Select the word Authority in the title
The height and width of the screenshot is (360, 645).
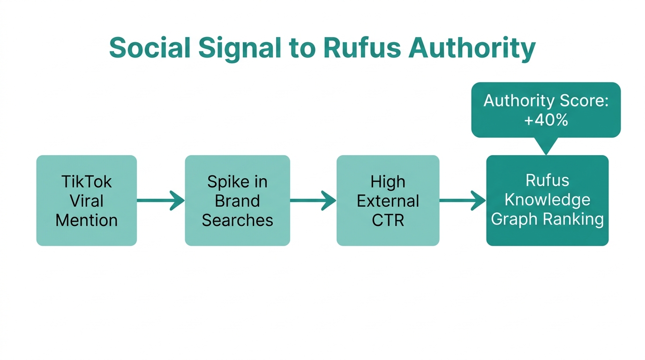(472, 47)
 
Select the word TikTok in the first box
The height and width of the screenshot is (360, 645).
(87, 181)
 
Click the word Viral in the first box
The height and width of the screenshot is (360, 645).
(87, 201)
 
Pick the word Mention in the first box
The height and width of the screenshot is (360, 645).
(87, 220)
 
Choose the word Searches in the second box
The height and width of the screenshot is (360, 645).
(237, 220)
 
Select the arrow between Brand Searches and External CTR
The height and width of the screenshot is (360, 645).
(313, 201)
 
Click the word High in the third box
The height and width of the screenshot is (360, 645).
(388, 181)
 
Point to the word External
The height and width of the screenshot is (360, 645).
(388, 201)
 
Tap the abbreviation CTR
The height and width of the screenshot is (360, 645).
(388, 220)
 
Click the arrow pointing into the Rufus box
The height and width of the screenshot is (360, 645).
(463, 201)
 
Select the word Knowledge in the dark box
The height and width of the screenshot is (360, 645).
(547, 200)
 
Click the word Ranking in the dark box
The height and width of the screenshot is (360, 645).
(577, 219)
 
